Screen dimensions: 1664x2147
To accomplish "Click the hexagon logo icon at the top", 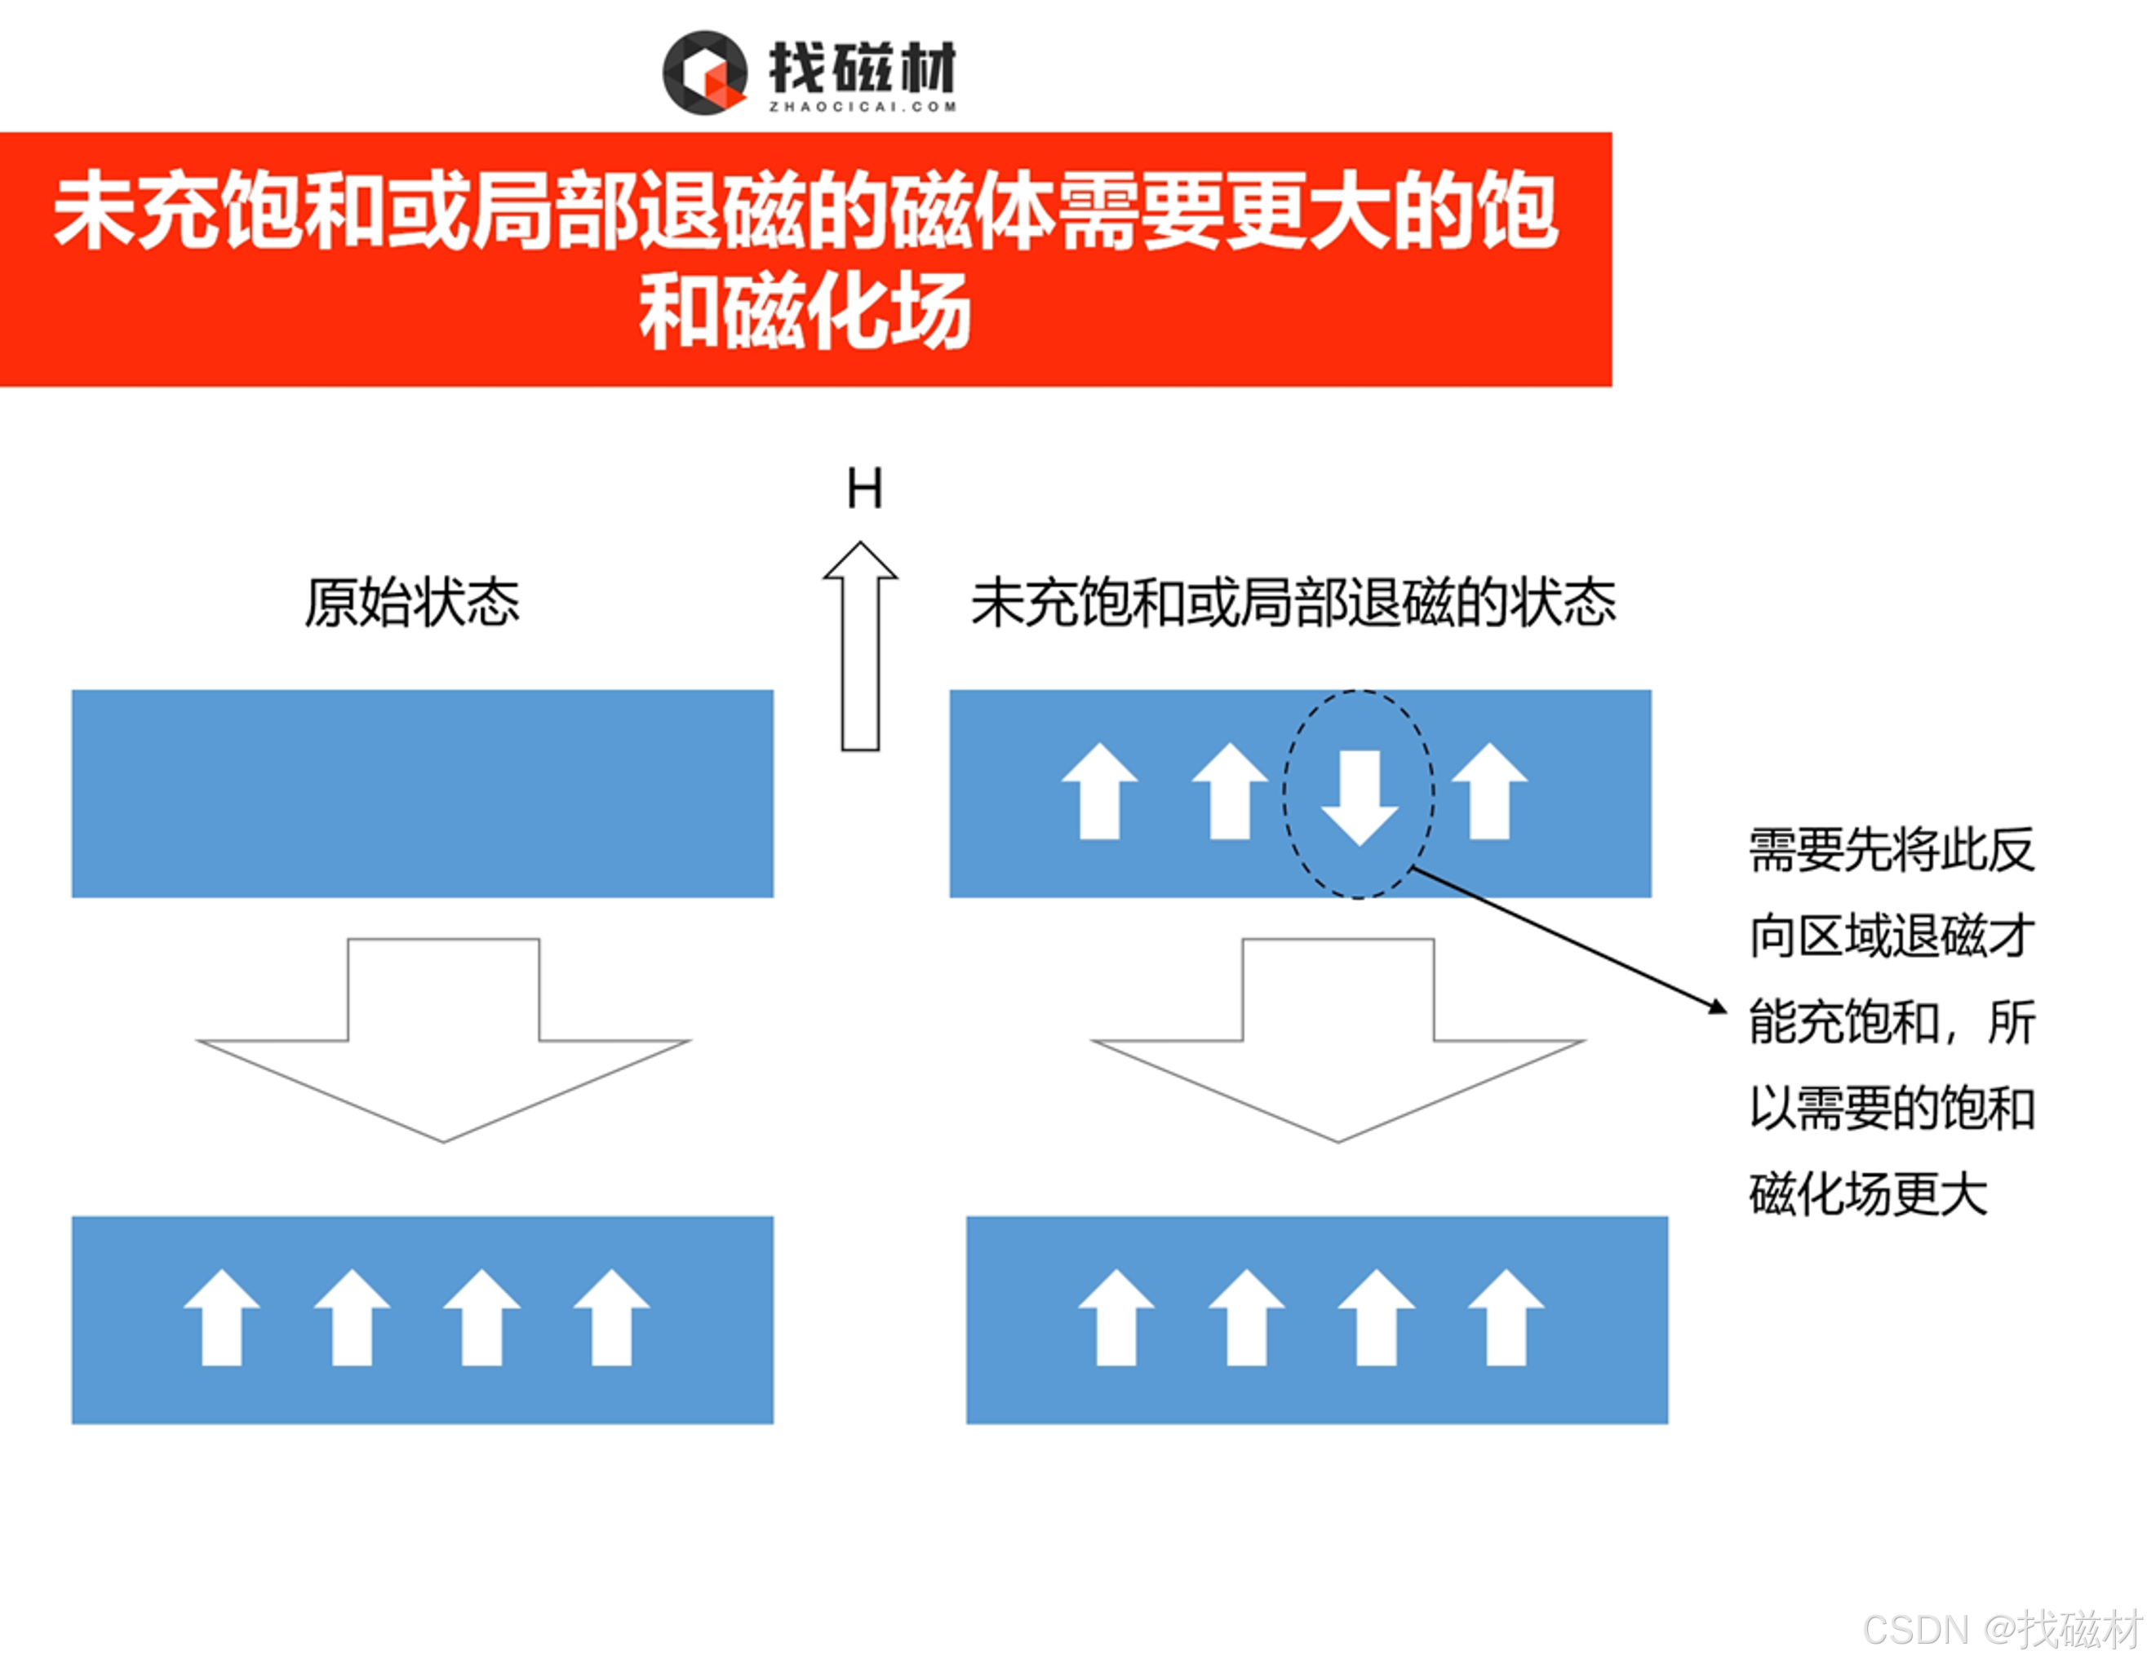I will click(704, 73).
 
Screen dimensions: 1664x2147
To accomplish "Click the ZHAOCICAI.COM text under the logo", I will click(862, 107).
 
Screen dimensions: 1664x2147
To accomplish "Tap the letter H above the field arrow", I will click(864, 489).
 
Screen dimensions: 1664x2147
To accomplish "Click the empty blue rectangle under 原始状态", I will click(422, 793).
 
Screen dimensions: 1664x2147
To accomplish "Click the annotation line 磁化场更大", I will click(1868, 1195).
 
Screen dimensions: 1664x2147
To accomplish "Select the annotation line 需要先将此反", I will click(1892, 850).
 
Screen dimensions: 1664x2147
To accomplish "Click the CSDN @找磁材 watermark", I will click(2002, 1629).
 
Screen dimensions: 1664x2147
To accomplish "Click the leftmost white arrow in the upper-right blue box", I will click(1099, 791).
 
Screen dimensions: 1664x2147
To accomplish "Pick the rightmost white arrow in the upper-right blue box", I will click(1489, 791).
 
